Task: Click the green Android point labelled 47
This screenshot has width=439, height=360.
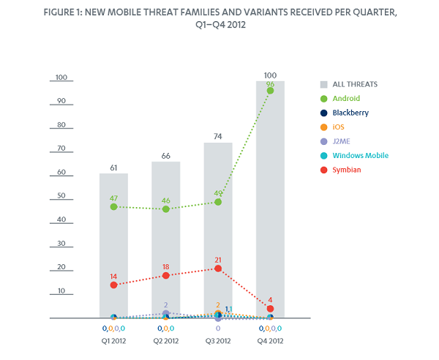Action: pyautogui.click(x=113, y=207)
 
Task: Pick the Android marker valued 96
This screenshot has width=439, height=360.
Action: pyautogui.click(x=270, y=91)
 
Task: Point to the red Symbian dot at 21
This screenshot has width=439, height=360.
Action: pyautogui.click(x=218, y=269)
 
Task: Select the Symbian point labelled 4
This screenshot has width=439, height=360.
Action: pyautogui.click(x=270, y=309)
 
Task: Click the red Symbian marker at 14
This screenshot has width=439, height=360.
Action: pyautogui.click(x=113, y=285)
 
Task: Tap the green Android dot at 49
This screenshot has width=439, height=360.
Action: pyautogui.click(x=218, y=202)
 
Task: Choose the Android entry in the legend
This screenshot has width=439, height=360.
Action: pyautogui.click(x=346, y=99)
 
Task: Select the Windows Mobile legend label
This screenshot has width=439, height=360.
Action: pyautogui.click(x=360, y=156)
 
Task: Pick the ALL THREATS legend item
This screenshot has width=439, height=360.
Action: pyautogui.click(x=353, y=85)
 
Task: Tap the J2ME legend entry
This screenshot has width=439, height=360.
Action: pyautogui.click(x=342, y=142)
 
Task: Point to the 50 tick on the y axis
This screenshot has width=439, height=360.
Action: pyautogui.click(x=61, y=196)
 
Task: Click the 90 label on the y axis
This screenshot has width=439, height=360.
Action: pyautogui.click(x=61, y=101)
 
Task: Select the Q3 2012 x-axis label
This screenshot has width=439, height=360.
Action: pyautogui.click(x=218, y=340)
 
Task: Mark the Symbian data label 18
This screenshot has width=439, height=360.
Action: pyautogui.click(x=165, y=266)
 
